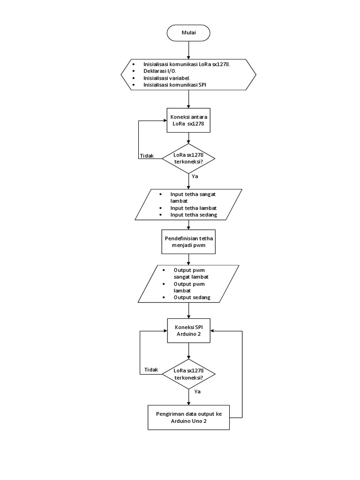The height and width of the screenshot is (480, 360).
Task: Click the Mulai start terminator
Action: coord(188,33)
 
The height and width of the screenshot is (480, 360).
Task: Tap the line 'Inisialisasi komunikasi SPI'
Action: coord(175,85)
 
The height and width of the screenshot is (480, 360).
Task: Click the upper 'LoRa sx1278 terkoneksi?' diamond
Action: coord(188,158)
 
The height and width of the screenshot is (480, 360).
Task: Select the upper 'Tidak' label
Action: coord(147,156)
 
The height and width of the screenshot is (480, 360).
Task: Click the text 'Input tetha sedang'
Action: coord(194,214)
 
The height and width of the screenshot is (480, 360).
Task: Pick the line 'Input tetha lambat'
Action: coord(194,207)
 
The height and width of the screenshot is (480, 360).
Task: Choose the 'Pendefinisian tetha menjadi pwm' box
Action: coord(188,241)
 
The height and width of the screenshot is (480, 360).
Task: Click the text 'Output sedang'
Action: coord(192,297)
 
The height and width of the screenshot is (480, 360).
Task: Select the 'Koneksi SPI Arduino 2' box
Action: coord(188,331)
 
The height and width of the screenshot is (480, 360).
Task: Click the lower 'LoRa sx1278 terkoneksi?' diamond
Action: coord(188,374)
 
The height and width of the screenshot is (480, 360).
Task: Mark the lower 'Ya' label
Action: coord(198,391)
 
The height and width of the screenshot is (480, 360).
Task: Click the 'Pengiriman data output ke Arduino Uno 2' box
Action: coord(188,418)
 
